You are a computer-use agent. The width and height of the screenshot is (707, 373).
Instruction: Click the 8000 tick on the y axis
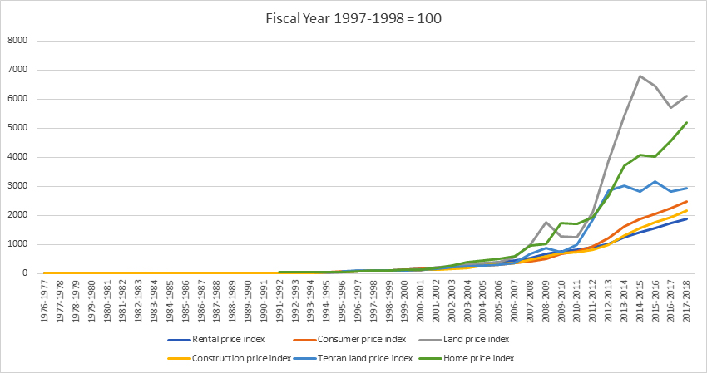pos(18,41)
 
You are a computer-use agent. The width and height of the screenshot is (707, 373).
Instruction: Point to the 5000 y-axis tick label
pos(18,128)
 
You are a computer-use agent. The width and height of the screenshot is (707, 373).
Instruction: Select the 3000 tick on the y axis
pos(18,186)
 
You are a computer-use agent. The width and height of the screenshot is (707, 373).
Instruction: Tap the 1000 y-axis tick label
pos(18,244)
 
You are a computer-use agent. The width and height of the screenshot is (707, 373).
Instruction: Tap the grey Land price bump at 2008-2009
pos(545,223)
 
